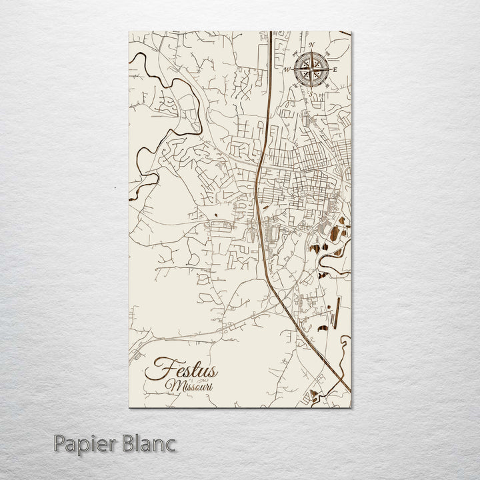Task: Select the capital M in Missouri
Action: tap(173, 385)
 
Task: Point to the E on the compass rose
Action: tap(335, 69)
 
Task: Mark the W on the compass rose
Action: tap(288, 69)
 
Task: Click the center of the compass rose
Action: tap(311, 67)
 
